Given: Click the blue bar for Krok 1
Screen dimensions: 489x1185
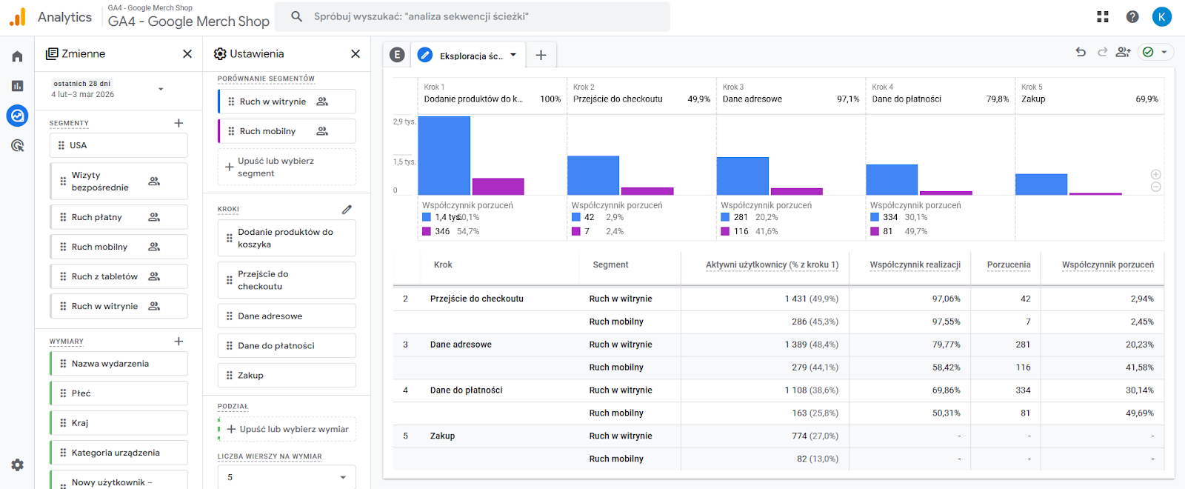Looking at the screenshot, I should click(x=444, y=156).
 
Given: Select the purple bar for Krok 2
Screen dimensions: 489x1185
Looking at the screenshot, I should click(x=647, y=191).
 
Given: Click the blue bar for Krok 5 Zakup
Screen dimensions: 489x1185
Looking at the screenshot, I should click(x=1041, y=184).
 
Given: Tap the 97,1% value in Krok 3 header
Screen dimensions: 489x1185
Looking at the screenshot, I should click(x=847, y=99).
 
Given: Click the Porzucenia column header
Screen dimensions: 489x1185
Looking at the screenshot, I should click(x=1008, y=265).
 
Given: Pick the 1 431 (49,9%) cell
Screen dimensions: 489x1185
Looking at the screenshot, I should click(x=811, y=299).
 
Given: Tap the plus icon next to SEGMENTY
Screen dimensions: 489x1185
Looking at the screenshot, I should click(x=178, y=123).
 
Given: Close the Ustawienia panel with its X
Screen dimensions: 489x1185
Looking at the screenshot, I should click(x=355, y=54).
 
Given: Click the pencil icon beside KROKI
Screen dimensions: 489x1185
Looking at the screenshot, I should click(x=347, y=210).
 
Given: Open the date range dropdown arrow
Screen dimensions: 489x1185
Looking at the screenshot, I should click(x=161, y=89).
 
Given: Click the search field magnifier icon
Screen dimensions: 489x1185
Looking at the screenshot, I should click(x=296, y=16).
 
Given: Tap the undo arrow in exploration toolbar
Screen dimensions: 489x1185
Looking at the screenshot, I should click(x=1081, y=52).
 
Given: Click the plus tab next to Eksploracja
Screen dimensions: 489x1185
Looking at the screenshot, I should click(x=541, y=55).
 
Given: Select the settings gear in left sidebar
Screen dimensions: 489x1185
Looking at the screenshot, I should click(x=18, y=465).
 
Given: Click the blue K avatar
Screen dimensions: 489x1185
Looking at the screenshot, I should click(x=1161, y=16).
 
